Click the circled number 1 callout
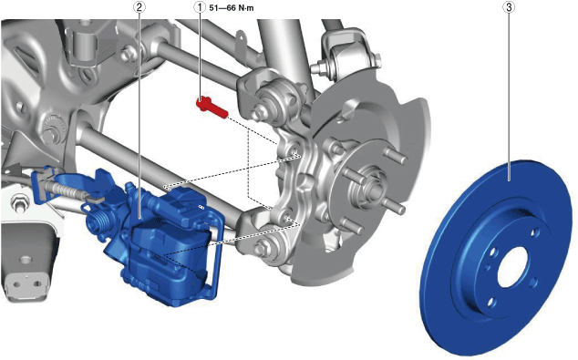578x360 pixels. click(x=201, y=7)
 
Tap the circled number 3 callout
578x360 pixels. click(x=509, y=7)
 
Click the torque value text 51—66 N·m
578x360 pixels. click(x=232, y=7)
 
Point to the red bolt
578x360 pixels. click(x=212, y=107)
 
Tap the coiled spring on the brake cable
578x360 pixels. click(x=67, y=189)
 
